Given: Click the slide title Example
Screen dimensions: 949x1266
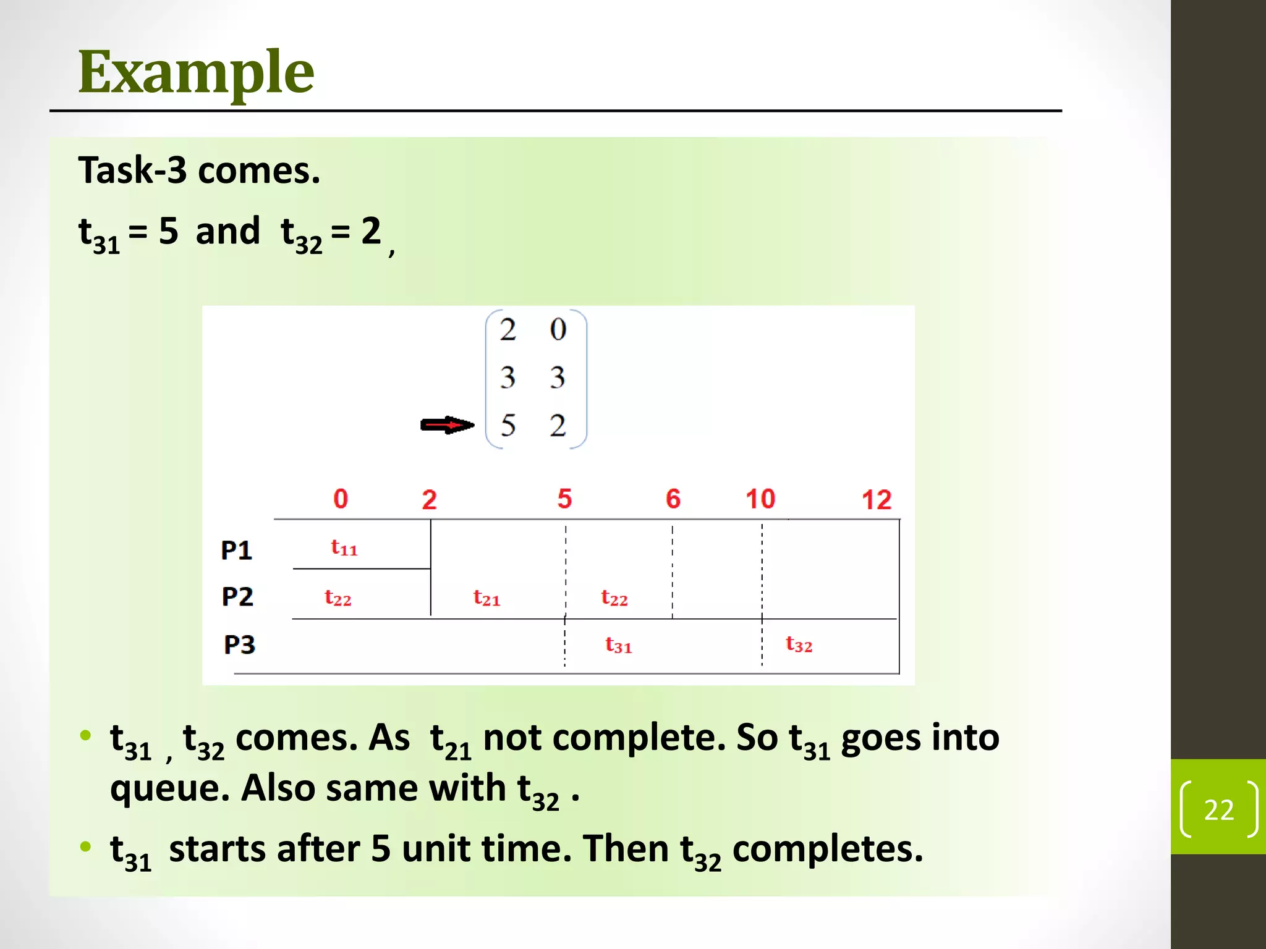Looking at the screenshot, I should tap(196, 73).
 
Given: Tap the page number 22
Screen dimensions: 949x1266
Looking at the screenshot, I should tap(1218, 809).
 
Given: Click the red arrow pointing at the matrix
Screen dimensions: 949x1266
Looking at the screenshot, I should tap(447, 425).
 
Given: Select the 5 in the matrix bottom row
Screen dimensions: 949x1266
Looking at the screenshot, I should tap(508, 425).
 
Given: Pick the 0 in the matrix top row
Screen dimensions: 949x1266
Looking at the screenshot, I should tap(558, 329).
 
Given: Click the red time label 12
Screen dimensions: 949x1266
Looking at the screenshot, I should tap(877, 500).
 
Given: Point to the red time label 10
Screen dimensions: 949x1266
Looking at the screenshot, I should tap(760, 499).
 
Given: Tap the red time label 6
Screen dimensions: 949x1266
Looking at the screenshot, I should tap(673, 499).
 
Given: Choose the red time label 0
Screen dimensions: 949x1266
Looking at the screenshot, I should tap(341, 499).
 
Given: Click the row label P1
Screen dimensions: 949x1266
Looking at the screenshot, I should tap(236, 550).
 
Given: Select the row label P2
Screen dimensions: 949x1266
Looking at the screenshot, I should tap(237, 597).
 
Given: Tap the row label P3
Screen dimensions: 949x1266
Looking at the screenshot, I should tap(239, 644).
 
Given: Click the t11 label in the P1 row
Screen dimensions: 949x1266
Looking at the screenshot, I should tap(344, 547).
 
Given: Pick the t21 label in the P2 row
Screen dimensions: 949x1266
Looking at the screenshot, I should tap(486, 597).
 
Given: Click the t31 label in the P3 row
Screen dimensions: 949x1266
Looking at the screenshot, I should tap(618, 645).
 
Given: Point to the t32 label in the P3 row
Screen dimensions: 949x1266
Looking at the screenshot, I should tap(799, 644).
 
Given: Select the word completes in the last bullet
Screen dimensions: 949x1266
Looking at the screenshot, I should tap(827, 849).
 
